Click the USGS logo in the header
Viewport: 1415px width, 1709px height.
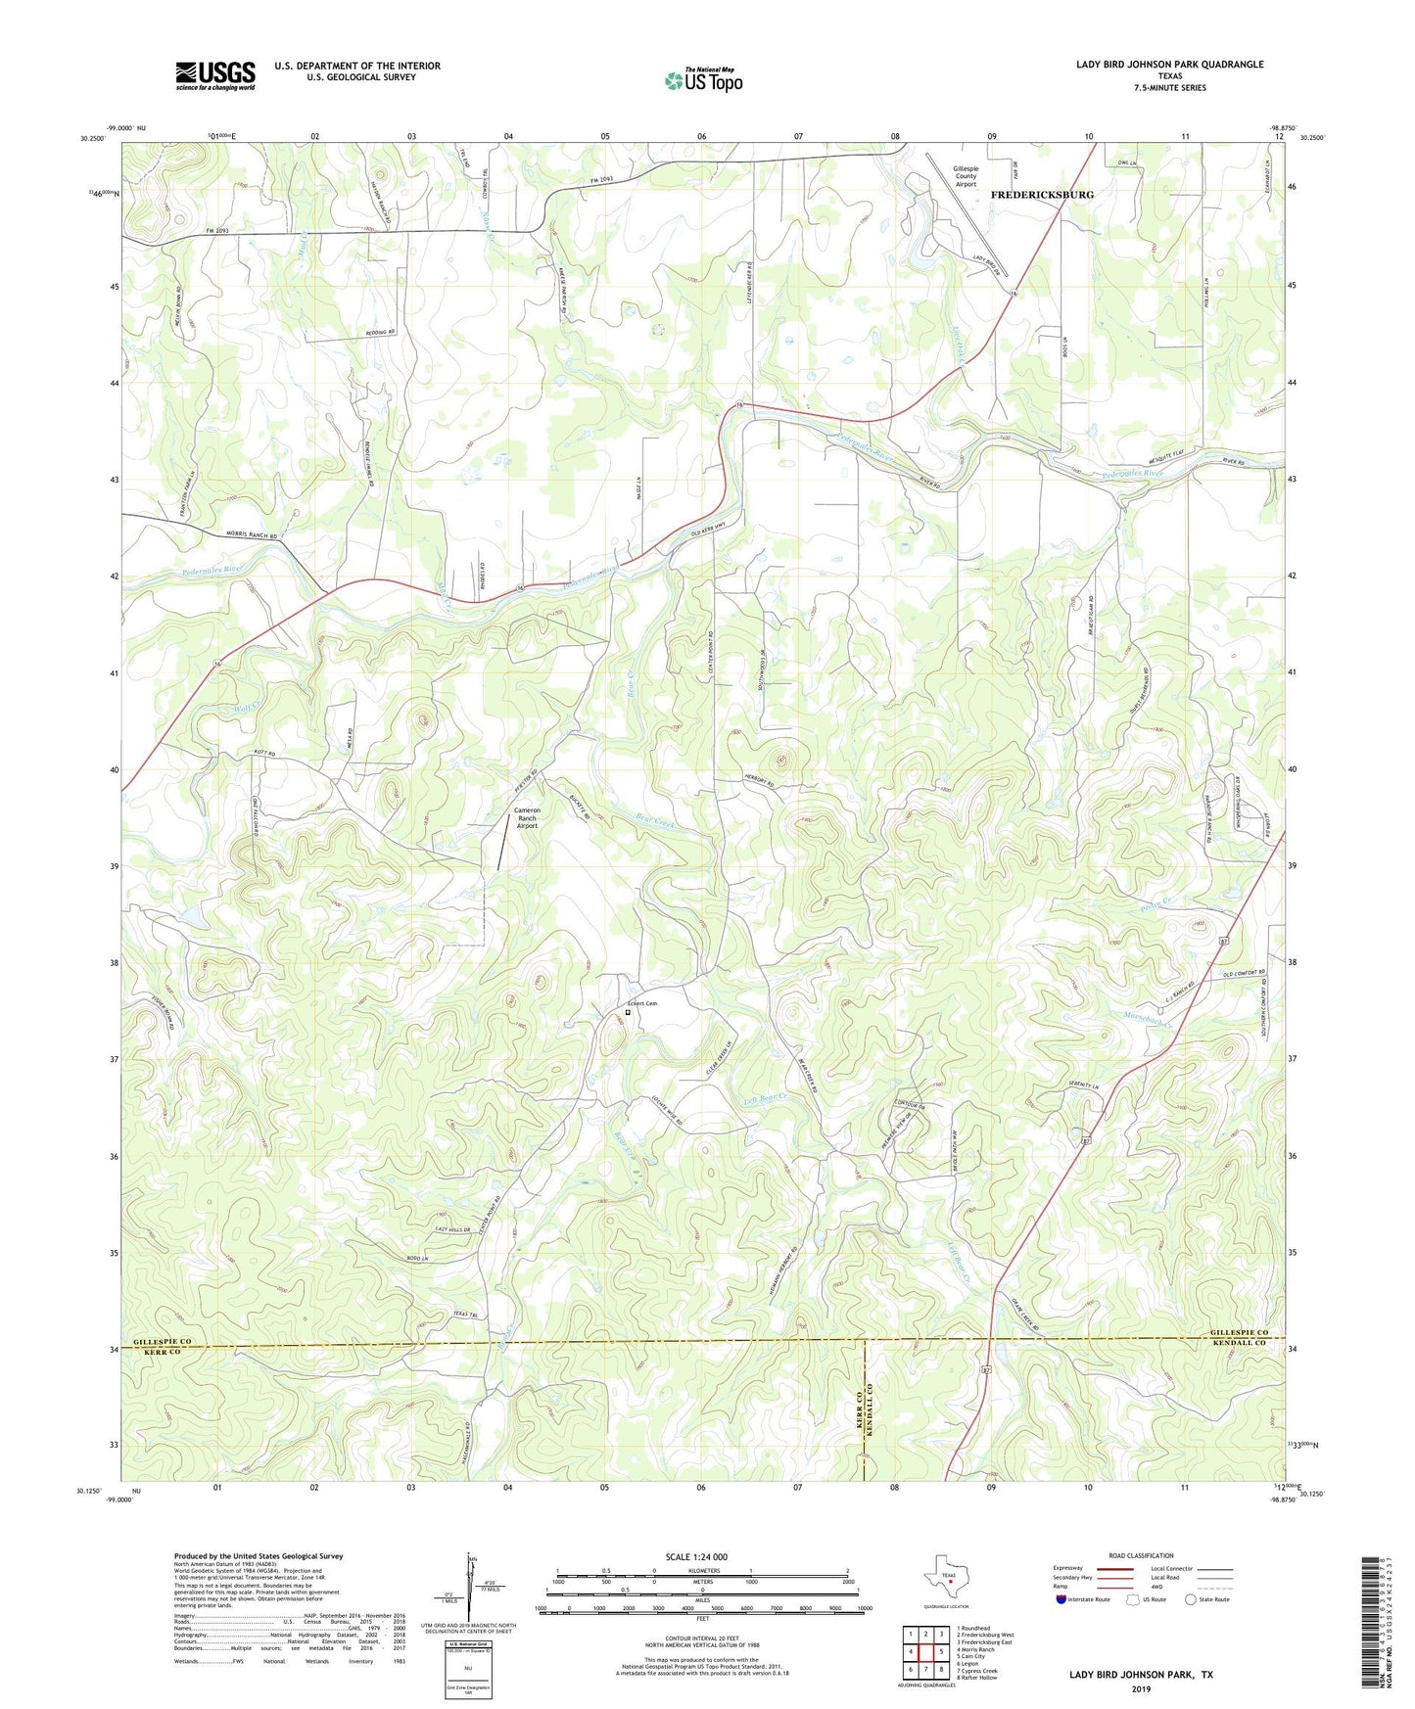tap(215, 75)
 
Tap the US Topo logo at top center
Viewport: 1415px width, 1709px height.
tap(703, 79)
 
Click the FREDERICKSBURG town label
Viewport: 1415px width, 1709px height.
tap(1042, 195)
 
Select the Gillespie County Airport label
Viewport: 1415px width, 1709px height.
tap(966, 176)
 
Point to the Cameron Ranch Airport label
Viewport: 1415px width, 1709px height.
tap(527, 817)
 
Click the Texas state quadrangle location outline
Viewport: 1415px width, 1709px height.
tap(945, 1582)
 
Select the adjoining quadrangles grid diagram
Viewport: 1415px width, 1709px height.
tap(925, 1651)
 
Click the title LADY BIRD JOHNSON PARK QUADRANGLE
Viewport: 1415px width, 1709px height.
tap(1169, 65)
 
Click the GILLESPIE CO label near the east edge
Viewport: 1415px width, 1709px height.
tap(1238, 1334)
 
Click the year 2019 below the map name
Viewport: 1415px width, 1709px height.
tap(1141, 1688)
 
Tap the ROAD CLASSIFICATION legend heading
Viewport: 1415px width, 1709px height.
tap(1141, 1555)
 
